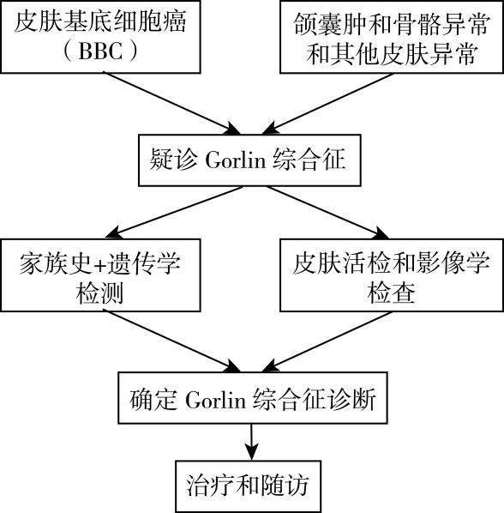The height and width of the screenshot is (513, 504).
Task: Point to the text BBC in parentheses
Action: tap(101, 51)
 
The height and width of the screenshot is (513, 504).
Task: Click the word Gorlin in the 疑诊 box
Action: tap(236, 160)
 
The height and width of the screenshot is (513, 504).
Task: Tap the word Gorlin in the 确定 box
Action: tap(216, 399)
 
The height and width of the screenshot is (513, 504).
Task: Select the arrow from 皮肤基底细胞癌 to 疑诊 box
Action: tap(172, 104)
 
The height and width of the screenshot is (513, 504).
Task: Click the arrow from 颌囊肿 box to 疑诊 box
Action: tap(327, 104)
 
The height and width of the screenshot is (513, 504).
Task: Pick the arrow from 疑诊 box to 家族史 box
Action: tap(174, 213)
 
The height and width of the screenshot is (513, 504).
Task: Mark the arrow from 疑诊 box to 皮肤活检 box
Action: tap(327, 213)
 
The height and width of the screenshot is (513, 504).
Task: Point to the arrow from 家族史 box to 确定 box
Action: tap(174, 341)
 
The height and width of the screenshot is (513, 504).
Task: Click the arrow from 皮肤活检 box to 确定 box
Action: tap(327, 341)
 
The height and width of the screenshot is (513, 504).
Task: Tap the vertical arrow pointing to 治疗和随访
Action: tap(251, 442)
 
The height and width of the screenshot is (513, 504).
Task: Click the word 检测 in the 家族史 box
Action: tap(99, 293)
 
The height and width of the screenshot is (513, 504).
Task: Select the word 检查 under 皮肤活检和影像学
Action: tap(391, 293)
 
